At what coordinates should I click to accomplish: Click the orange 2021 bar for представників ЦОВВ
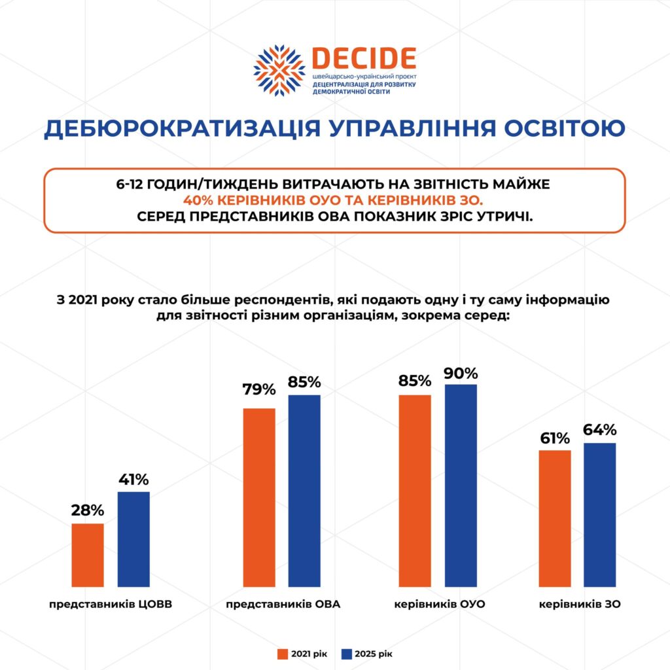coord(88,555)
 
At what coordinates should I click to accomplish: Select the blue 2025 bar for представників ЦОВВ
coord(133,539)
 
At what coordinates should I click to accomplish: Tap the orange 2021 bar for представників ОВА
coord(259,497)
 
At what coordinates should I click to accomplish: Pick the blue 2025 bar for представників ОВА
coord(304,491)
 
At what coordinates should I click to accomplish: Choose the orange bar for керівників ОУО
coord(415,491)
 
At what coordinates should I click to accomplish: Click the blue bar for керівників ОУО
coord(461,485)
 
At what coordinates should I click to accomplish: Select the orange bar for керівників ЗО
coord(555,518)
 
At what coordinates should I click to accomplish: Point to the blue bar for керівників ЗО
coord(600,515)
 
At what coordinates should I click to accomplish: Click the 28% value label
coord(88,510)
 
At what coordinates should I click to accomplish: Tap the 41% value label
coord(133,478)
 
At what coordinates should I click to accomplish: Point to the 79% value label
coord(259,390)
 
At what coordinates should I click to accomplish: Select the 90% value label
coord(461,374)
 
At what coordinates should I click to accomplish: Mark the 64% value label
coord(600,430)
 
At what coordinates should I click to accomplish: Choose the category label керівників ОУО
coord(440,604)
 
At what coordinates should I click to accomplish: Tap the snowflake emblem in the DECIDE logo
coord(279,71)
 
